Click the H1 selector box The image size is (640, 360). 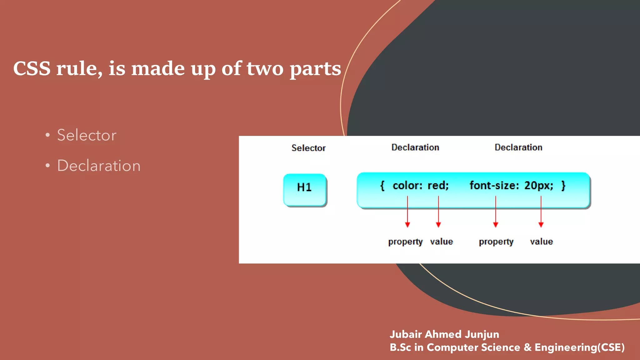click(x=305, y=190)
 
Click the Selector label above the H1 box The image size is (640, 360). click(x=308, y=148)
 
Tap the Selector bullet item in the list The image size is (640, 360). click(x=87, y=135)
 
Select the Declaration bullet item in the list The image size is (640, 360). click(x=99, y=166)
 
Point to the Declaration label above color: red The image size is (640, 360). click(x=415, y=147)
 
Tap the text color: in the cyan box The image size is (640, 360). click(x=407, y=186)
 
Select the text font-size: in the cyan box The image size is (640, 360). click(x=494, y=186)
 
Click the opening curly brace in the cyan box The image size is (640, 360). click(x=382, y=186)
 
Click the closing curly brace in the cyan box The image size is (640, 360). click(x=563, y=186)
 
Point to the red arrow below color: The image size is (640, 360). click(x=407, y=212)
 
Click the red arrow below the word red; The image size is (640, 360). click(x=438, y=212)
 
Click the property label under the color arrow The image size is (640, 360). click(x=405, y=242)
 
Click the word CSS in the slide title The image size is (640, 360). click(x=32, y=68)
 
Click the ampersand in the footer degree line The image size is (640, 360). click(x=527, y=347)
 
